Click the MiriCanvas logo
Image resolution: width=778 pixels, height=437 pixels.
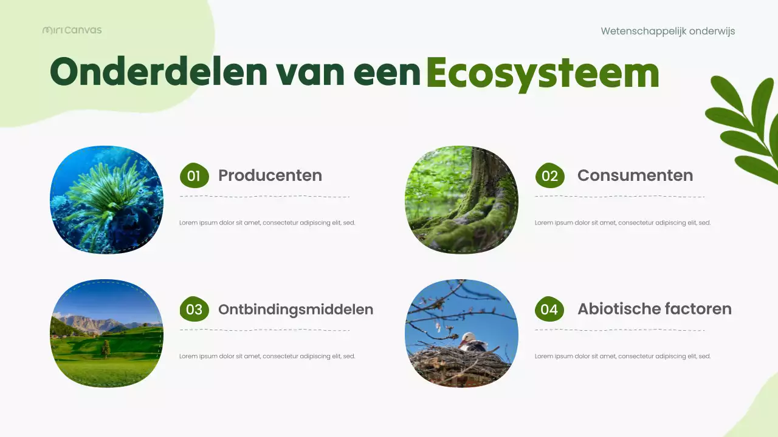72,30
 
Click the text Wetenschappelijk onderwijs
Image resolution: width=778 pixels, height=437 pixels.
667,31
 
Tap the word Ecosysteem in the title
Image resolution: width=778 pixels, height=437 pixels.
542,73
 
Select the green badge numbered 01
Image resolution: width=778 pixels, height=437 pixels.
194,176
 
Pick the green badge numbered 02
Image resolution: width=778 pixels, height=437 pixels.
549,176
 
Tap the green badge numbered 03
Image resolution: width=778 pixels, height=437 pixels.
194,310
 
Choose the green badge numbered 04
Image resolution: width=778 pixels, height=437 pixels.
549,310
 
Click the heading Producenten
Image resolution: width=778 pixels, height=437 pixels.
270,175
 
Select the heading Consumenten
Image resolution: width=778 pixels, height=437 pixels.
635,175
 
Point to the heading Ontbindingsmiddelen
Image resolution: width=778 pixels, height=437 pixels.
295,309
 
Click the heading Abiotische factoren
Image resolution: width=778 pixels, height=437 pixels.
654,309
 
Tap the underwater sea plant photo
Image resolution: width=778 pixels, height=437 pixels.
106,200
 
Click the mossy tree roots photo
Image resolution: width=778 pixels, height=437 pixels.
461,200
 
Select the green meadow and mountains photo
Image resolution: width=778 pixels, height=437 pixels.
106,333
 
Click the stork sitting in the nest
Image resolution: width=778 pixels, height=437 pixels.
472,343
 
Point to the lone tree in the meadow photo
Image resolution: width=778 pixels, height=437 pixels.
106,348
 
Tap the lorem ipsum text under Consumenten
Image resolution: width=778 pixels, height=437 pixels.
622,223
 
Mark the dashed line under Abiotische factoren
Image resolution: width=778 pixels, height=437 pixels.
619,330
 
